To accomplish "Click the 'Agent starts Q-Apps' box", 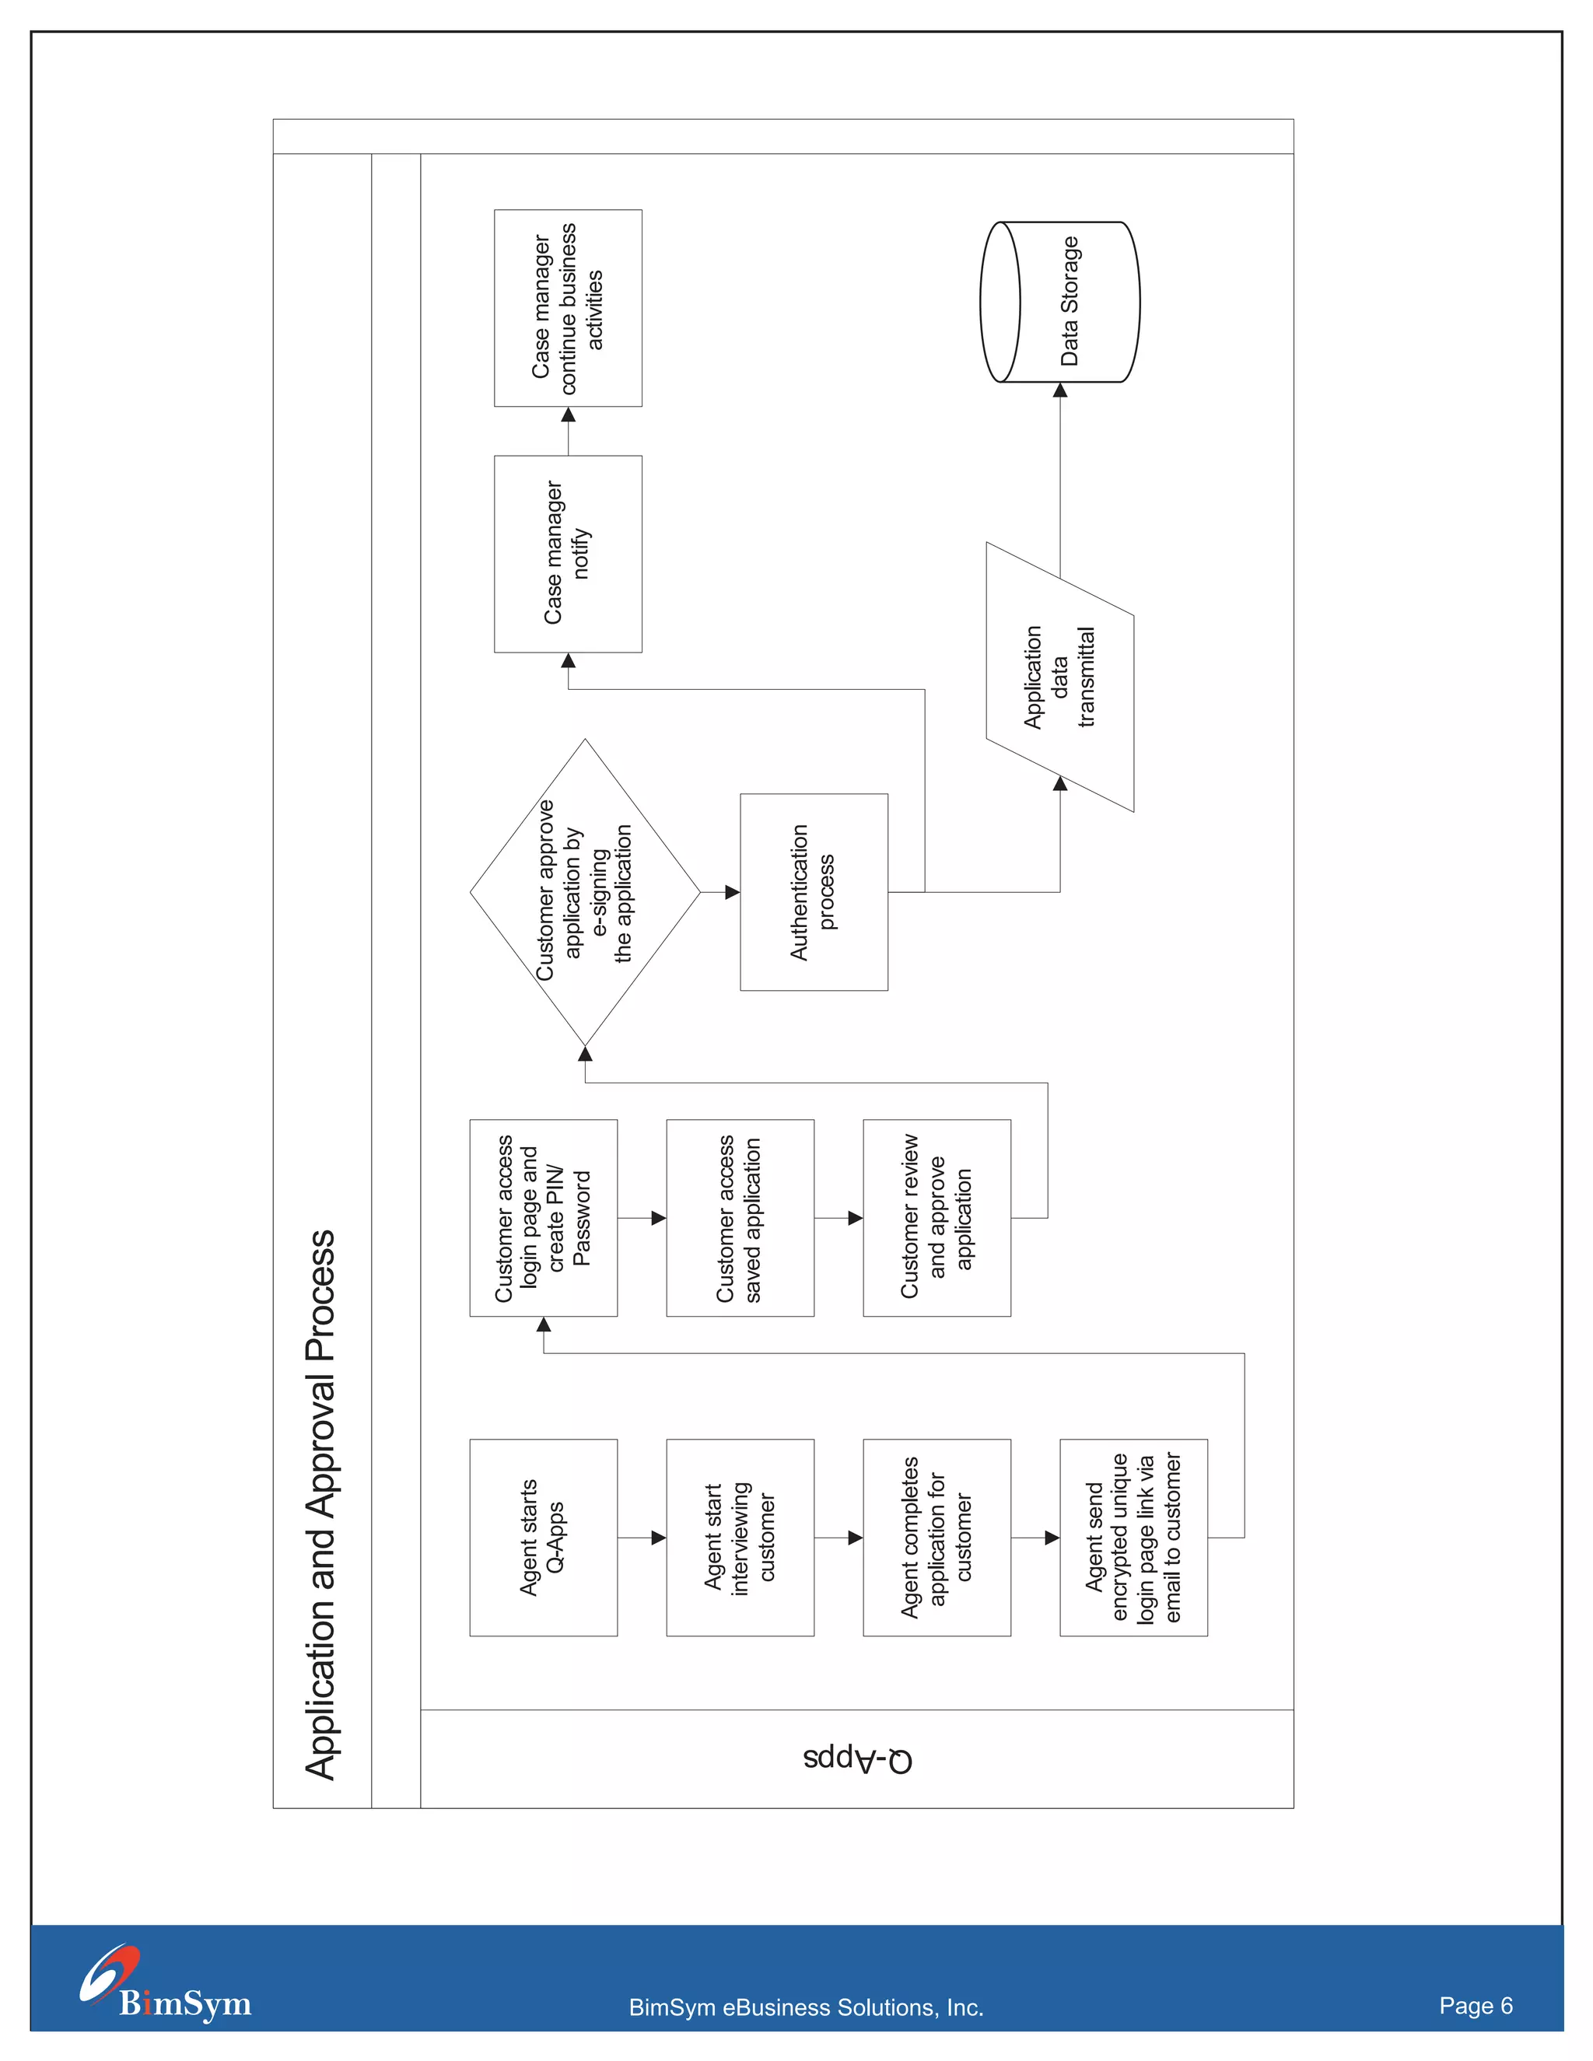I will (x=544, y=1538).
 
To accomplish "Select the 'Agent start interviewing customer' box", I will (x=740, y=1538).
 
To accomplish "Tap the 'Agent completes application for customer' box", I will (x=937, y=1538).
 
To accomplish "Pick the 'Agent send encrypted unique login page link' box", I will (x=1133, y=1538).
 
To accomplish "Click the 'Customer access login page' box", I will (x=544, y=1217).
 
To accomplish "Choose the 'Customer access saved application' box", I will (x=740, y=1217).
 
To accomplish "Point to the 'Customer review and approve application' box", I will (x=937, y=1217).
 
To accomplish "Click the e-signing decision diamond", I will (x=585, y=892).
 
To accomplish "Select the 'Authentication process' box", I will (x=814, y=892).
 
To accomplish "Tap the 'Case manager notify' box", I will (x=568, y=554).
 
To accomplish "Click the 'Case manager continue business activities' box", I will (x=568, y=308).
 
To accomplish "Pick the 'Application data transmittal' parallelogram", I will (x=1060, y=677).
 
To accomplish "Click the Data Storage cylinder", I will (x=1061, y=302).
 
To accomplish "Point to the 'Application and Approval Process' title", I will (x=321, y=1504).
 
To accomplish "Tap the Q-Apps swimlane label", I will (x=858, y=1759).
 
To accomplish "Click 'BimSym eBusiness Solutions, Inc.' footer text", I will (x=806, y=2007).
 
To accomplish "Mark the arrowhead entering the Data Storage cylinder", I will (x=1060, y=390).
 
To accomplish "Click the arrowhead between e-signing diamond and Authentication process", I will (x=732, y=892).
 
